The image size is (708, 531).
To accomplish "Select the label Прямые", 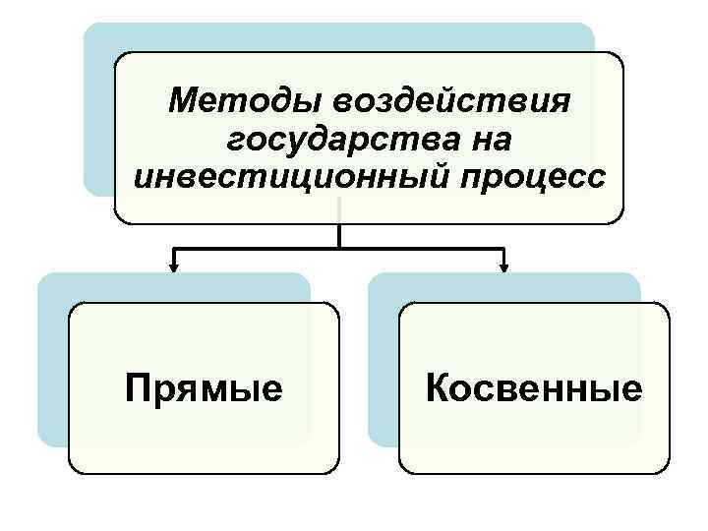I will click(x=204, y=387).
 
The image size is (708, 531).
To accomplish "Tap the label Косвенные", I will click(x=534, y=387).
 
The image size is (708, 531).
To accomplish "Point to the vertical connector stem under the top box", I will click(x=339, y=234).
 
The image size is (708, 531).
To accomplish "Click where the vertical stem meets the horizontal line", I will click(x=339, y=248).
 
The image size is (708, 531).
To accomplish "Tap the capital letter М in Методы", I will click(x=184, y=100).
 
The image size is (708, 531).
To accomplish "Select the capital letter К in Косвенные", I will click(x=439, y=387).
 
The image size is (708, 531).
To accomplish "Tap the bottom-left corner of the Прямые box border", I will click(x=72, y=472).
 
